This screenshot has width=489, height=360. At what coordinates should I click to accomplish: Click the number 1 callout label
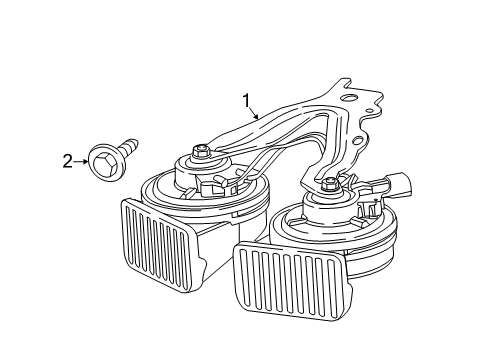[x=245, y=99]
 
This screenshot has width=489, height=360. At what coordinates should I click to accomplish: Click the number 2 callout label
[x=69, y=160]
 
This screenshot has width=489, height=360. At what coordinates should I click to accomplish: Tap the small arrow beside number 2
[x=83, y=160]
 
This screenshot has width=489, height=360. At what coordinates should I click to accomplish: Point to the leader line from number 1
[x=255, y=111]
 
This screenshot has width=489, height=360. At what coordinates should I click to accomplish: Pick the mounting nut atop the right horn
[x=331, y=183]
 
